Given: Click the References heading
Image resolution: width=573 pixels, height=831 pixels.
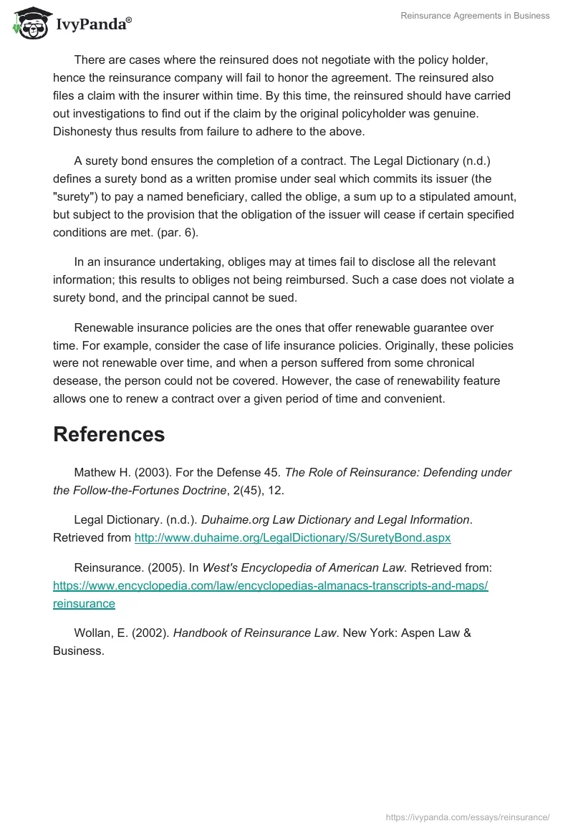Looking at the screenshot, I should pyautogui.click(x=109, y=434).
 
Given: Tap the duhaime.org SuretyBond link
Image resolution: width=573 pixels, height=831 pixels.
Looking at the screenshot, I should pyautogui.click(x=292, y=537).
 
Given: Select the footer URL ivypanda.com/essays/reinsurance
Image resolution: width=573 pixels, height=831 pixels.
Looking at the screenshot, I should pyautogui.click(x=468, y=817).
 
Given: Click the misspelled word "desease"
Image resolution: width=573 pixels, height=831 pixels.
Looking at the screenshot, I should pyautogui.click(x=77, y=381).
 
